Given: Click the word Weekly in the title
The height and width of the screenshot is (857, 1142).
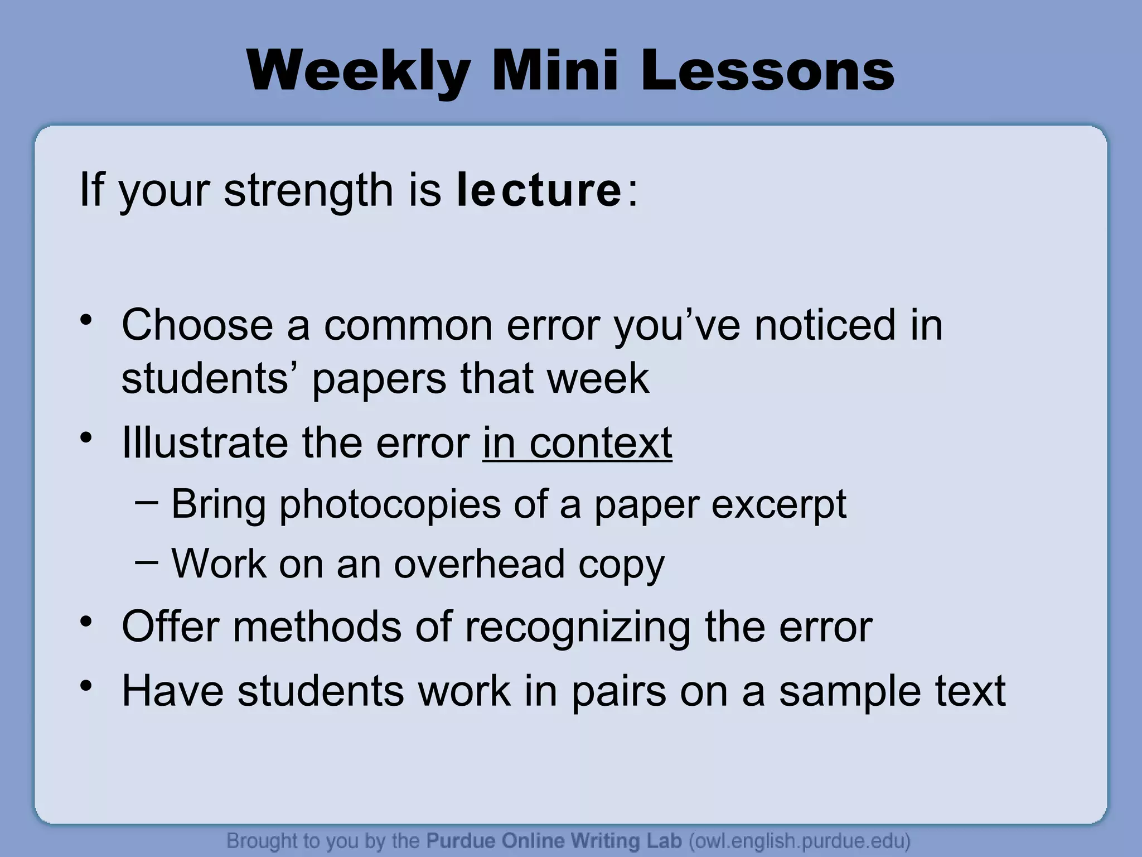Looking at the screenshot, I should [x=357, y=72].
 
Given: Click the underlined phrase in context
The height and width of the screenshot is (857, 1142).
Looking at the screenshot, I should [x=577, y=443].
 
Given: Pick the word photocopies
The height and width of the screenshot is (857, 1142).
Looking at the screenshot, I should [x=390, y=504].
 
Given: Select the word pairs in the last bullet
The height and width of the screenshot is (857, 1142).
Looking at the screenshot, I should [x=618, y=691].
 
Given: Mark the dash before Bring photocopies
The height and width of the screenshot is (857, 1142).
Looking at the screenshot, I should [x=146, y=502].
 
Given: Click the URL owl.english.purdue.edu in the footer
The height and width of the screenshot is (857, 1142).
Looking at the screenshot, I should [x=800, y=840].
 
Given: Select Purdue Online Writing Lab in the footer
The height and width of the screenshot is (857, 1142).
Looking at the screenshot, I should [x=554, y=840].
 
